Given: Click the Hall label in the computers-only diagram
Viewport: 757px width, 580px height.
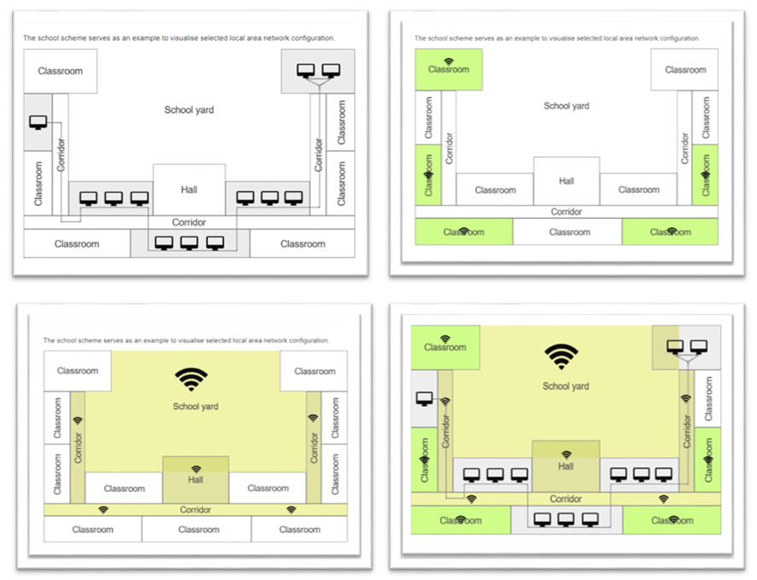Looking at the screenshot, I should click(189, 190).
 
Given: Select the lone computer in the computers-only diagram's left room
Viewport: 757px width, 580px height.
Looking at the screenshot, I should click(38, 122).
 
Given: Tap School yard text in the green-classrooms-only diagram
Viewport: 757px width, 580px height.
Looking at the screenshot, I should click(566, 106).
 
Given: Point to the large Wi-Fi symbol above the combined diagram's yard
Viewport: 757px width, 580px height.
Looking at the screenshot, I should click(561, 355).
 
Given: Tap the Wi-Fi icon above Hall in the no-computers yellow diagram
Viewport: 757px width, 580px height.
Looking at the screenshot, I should click(196, 469).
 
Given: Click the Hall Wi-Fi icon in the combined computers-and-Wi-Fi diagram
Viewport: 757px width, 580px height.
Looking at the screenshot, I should click(566, 454).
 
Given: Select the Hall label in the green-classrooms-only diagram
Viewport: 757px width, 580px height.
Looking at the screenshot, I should click(566, 181).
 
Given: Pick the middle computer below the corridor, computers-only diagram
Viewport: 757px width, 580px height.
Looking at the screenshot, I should click(189, 243).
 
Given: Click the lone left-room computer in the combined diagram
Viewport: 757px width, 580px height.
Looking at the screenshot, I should click(425, 398).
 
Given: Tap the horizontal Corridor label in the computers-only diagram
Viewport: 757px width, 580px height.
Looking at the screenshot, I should click(189, 222).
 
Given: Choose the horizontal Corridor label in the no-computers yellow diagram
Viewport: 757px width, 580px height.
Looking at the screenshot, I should click(196, 510).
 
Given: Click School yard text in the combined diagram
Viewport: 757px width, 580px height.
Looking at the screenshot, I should click(566, 386).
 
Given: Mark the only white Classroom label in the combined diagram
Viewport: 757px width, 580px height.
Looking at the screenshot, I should click(708, 410).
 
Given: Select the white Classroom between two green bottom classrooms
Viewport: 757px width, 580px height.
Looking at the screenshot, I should click(569, 231).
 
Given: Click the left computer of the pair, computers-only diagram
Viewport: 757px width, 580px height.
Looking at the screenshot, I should click(305, 71).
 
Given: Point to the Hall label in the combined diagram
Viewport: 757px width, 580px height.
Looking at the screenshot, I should click(566, 466).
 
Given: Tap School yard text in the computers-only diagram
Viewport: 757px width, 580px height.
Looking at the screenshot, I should click(189, 109).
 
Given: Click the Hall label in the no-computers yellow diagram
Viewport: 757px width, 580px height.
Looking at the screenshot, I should click(196, 480).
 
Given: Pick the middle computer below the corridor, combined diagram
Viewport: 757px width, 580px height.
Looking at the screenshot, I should click(566, 518).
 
